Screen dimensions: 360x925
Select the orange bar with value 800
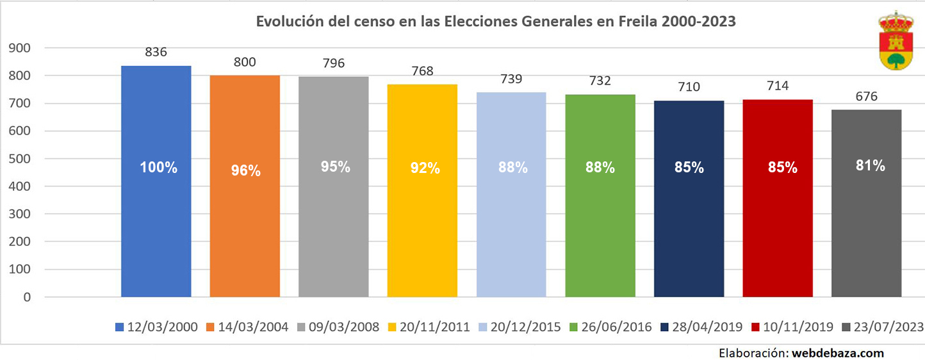coord(245,231)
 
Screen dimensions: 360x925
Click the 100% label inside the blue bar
coord(158,168)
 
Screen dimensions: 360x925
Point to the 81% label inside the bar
coord(869,165)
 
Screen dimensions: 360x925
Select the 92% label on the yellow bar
coord(425,168)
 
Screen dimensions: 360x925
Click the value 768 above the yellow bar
coord(422,71)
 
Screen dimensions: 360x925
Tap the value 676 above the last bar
coord(866,97)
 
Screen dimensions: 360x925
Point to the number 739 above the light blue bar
coord(511,79)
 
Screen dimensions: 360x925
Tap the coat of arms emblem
coord(895,40)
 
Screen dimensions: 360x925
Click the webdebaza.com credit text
coord(838,352)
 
